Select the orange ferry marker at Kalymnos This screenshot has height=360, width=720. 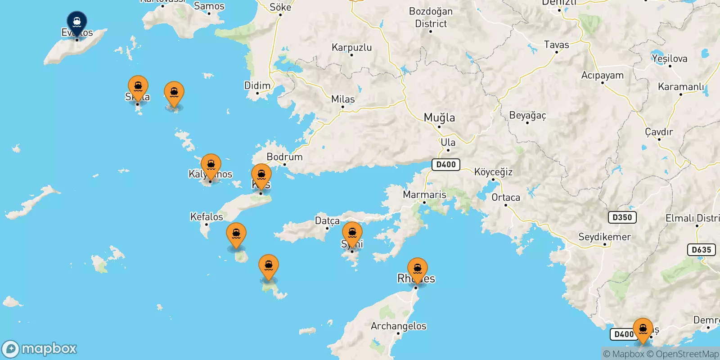click(x=211, y=165)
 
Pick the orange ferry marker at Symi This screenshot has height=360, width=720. click(x=352, y=233)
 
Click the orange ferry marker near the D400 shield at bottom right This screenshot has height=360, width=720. click(x=643, y=329)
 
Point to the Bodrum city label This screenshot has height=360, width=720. click(x=284, y=157)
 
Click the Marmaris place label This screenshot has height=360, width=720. click(x=424, y=194)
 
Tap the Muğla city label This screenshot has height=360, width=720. click(x=439, y=117)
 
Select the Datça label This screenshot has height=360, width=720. click(x=327, y=220)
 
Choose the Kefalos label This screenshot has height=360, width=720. click(x=207, y=216)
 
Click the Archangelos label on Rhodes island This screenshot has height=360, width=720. click(x=398, y=326)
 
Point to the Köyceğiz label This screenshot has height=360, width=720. click(x=493, y=172)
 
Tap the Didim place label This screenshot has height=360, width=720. click(x=257, y=85)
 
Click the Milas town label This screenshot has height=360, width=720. click(x=343, y=99)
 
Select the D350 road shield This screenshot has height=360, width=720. click(x=622, y=217)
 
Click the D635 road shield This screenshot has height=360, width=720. click(x=701, y=250)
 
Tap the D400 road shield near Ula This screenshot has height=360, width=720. click(x=445, y=165)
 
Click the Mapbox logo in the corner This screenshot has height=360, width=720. click(x=40, y=349)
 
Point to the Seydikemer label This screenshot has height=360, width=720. click(x=604, y=237)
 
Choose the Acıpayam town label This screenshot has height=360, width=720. click(x=602, y=75)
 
